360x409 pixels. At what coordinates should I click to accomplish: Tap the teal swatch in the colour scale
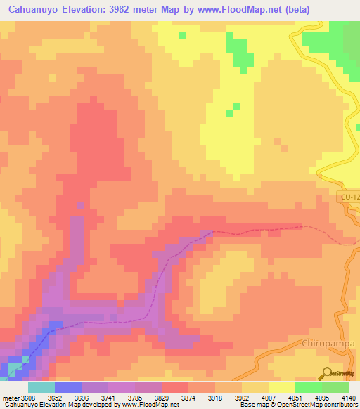click(41, 387)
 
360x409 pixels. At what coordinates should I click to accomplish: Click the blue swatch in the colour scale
click(68, 387)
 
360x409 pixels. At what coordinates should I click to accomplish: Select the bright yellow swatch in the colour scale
click(282, 387)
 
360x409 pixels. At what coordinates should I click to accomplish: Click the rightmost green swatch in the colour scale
click(335, 387)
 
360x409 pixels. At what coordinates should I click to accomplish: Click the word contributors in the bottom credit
click(342, 405)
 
